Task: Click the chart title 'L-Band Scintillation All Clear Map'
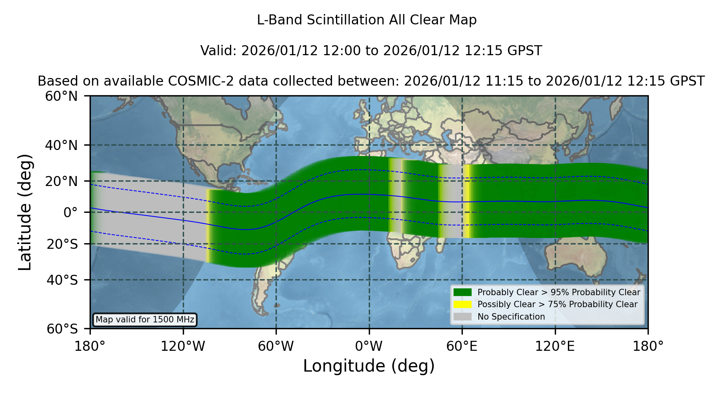pyautogui.click(x=366, y=20)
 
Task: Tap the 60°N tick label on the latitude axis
pyautogui.click(x=61, y=96)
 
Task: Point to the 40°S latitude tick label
pyautogui.click(x=62, y=280)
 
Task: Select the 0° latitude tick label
pyautogui.click(x=70, y=212)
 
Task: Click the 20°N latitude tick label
pyautogui.click(x=61, y=181)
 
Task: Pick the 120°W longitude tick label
pyautogui.click(x=183, y=346)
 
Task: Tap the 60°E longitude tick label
pyautogui.click(x=462, y=346)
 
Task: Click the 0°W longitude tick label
pyautogui.click(x=369, y=346)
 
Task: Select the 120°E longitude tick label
pyautogui.click(x=555, y=346)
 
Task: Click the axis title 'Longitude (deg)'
pyautogui.click(x=369, y=366)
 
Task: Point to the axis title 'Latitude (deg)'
pyautogui.click(x=25, y=212)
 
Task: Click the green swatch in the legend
pyautogui.click(x=462, y=292)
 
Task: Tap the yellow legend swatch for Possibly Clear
pyautogui.click(x=462, y=304)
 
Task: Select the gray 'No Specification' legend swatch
pyautogui.click(x=462, y=317)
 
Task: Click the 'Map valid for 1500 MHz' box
pyautogui.click(x=145, y=320)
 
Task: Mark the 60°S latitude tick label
pyautogui.click(x=62, y=329)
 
